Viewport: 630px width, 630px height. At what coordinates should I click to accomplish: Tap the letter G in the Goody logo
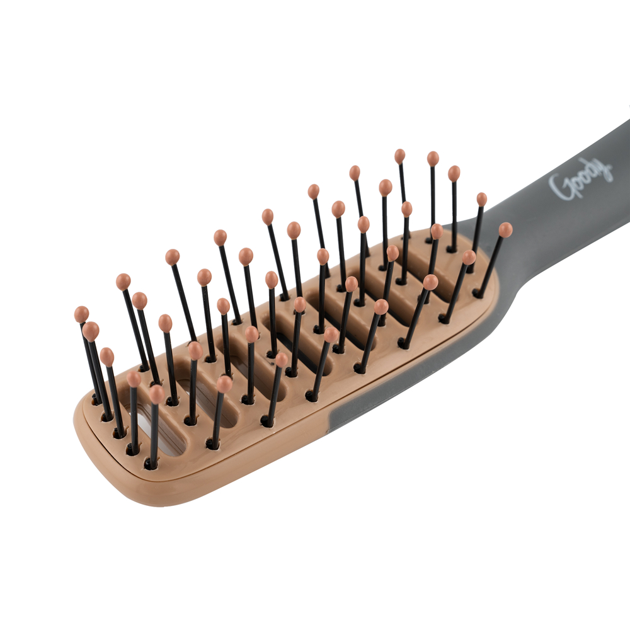(x=559, y=187)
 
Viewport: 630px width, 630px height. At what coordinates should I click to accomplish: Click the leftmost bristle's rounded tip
(x=81, y=314)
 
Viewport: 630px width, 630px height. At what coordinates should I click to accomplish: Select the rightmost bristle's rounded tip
(x=505, y=229)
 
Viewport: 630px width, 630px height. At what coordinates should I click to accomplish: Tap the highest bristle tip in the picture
(x=399, y=156)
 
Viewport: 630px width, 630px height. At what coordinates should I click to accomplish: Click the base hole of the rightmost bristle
(x=478, y=294)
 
